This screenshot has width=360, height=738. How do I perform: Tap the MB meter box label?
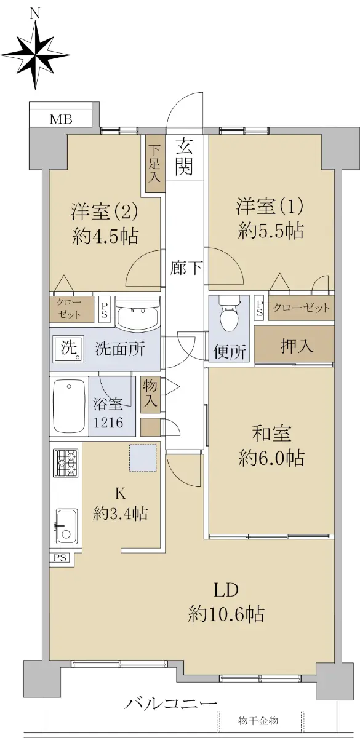pyautogui.click(x=61, y=119)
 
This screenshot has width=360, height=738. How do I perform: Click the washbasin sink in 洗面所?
pyautogui.click(x=138, y=313)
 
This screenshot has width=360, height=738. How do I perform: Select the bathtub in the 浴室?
pyautogui.click(x=69, y=405)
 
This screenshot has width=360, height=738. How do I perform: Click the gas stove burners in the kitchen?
pyautogui.click(x=66, y=462)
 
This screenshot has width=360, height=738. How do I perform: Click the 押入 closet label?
pyautogui.click(x=297, y=346)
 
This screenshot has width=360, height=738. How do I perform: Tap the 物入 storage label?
pyautogui.click(x=150, y=394)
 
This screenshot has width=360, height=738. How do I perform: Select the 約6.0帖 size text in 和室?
pyautogui.click(x=271, y=458)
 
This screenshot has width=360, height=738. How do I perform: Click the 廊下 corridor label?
pyautogui.click(x=186, y=268)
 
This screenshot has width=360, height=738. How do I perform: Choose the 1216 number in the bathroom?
pyautogui.click(x=108, y=422)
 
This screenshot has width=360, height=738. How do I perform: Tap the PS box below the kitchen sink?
pyautogui.click(x=60, y=558)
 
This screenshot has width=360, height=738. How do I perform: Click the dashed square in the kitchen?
pyautogui.click(x=143, y=458)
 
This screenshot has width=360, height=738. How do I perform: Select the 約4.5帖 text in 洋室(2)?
pyautogui.click(x=105, y=236)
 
